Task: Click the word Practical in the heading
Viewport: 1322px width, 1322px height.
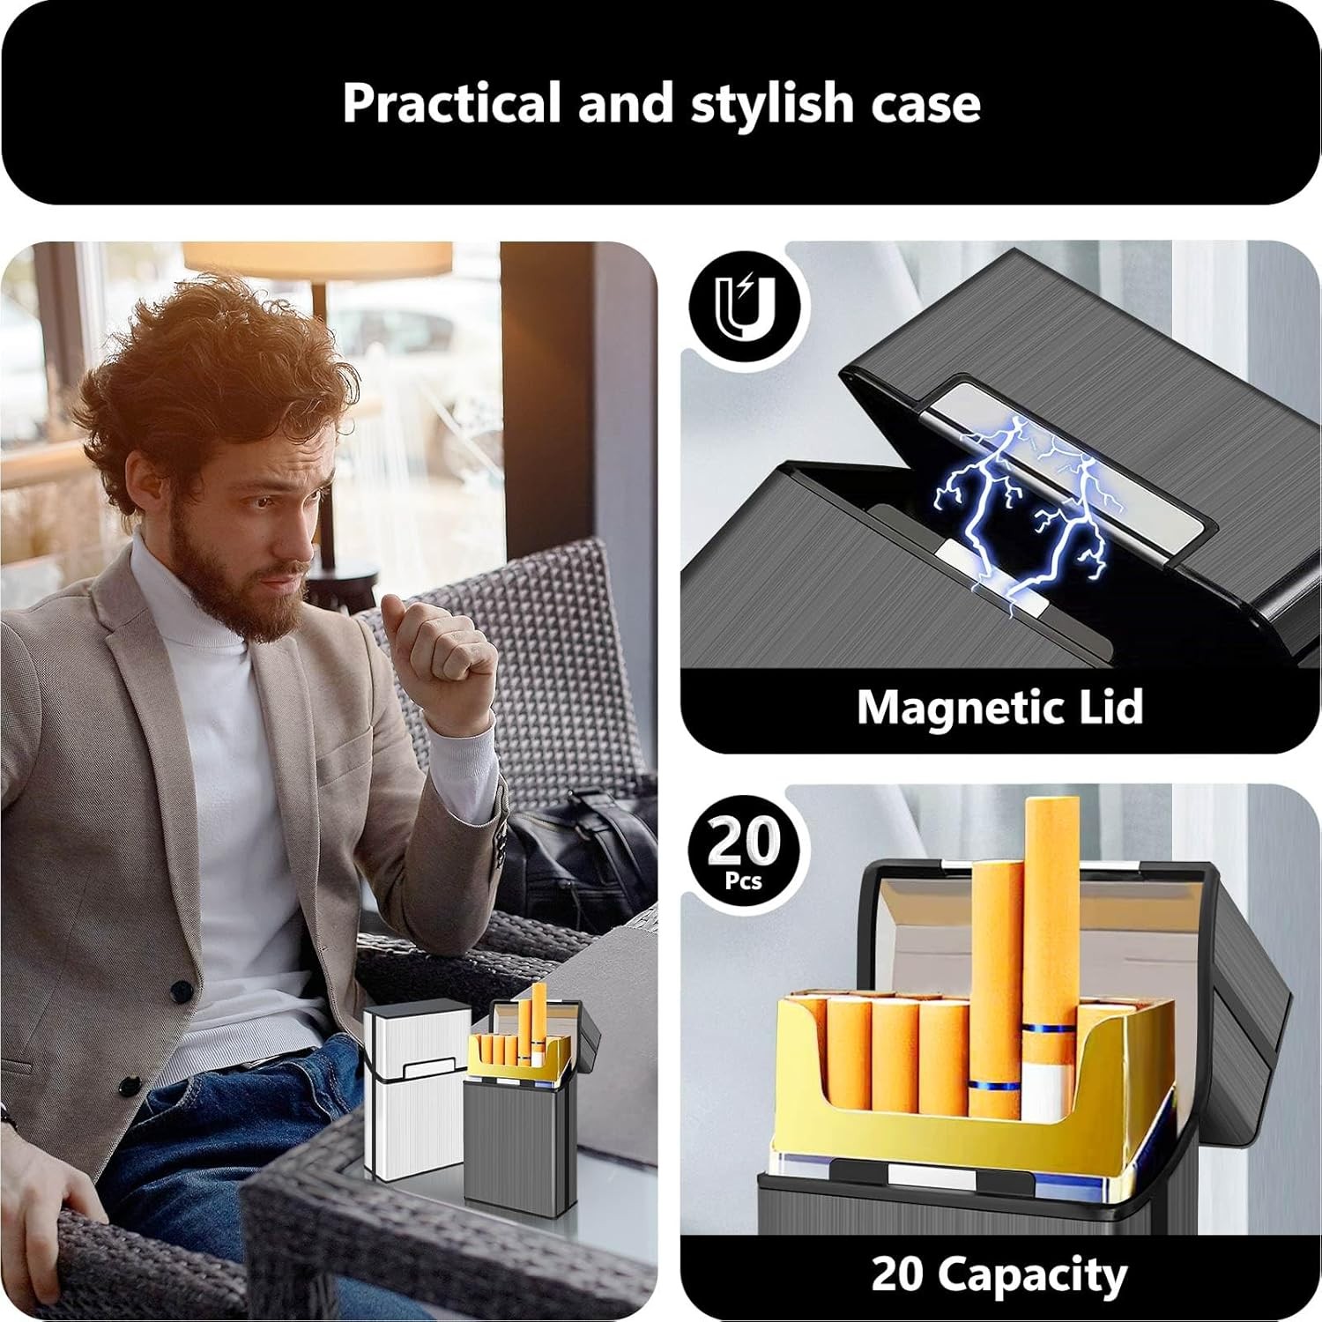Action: coord(450,103)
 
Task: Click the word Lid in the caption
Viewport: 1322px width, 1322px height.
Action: coord(1112,707)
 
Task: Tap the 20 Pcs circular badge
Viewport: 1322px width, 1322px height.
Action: coord(745,850)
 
